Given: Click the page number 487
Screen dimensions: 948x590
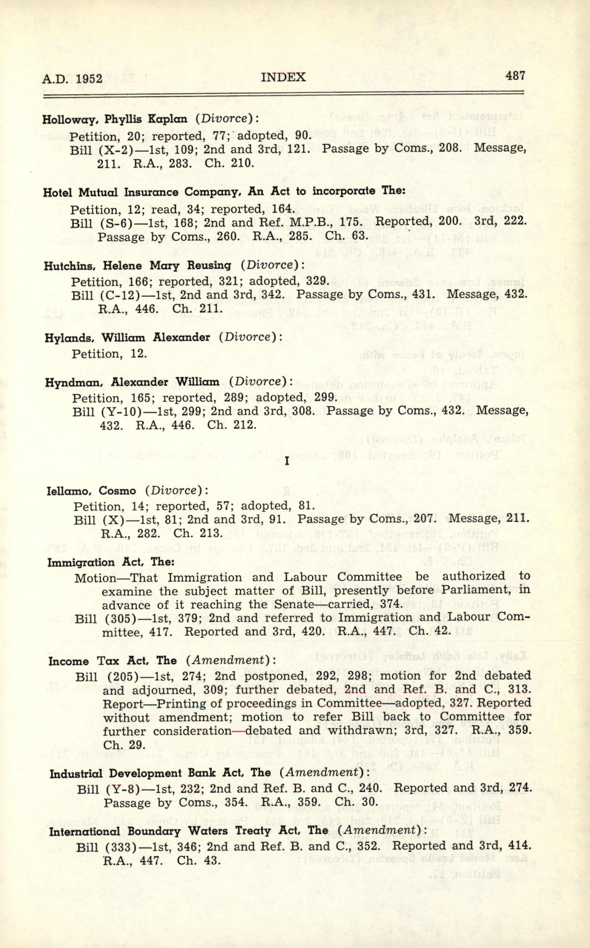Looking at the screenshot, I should click(515, 76).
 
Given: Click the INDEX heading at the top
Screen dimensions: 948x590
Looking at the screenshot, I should click(283, 77).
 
